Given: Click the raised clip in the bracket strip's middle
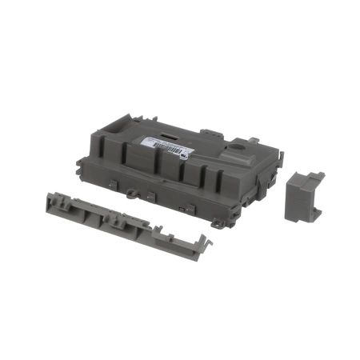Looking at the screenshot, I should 118,220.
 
